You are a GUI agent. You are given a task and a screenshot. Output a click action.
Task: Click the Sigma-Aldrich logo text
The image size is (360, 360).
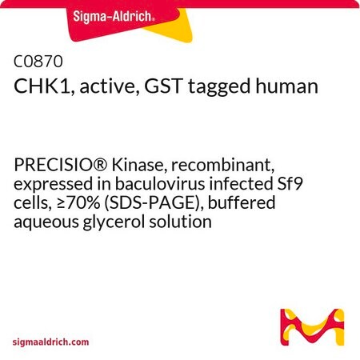114,17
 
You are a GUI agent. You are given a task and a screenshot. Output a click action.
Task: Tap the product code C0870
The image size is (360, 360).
38,61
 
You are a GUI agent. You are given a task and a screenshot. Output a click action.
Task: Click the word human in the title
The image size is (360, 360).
287,86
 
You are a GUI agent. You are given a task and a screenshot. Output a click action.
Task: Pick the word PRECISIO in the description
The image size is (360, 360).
58,165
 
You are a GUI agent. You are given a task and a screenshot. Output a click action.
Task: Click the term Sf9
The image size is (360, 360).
290,184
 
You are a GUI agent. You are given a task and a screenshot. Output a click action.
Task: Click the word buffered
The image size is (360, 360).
242,202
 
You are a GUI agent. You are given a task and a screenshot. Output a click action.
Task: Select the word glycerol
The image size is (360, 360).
114,222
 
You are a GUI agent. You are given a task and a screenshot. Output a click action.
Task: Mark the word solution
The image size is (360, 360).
180,222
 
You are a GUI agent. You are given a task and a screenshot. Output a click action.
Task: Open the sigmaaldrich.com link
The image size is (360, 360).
50,342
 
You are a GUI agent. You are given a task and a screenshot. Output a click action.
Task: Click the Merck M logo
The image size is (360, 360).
312,327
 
